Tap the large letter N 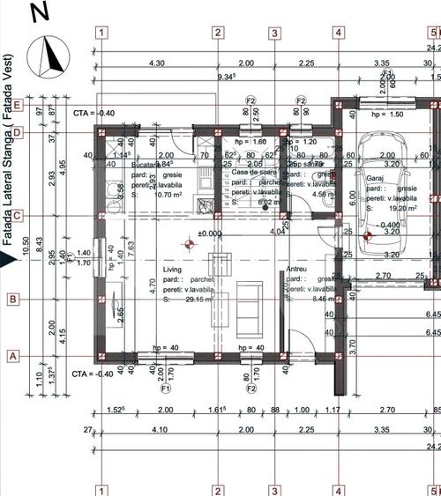pyautogui.click(x=39, y=12)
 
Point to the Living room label pyautogui.click(x=171, y=270)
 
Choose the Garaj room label pyautogui.click(x=375, y=178)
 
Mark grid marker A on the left pyautogui.click(x=13, y=356)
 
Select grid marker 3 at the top pyautogui.click(x=275, y=33)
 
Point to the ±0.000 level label pyautogui.click(x=209, y=233)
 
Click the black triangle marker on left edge pyautogui.click(x=6, y=257)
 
